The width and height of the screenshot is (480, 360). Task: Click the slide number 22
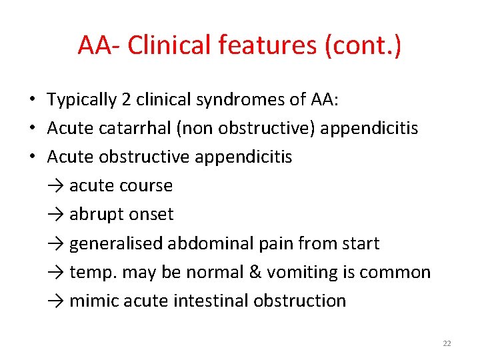447,343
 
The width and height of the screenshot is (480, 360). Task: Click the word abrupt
95,214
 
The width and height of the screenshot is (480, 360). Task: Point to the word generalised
116,243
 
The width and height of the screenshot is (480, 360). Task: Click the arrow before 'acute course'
56,185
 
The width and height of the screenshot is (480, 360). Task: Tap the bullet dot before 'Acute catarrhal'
32,128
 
